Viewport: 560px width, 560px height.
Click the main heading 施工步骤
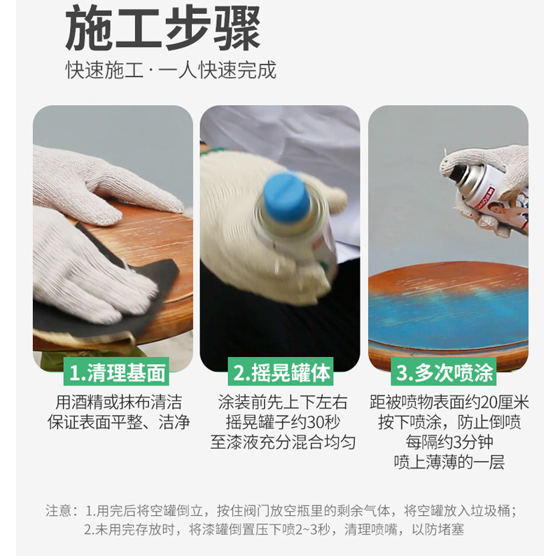163,29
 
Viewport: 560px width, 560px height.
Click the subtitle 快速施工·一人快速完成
171,69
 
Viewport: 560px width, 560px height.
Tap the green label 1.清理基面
116,373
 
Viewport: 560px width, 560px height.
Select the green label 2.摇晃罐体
281,372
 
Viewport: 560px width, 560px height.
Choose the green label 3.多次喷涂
444,372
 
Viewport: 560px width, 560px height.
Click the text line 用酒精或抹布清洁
118,402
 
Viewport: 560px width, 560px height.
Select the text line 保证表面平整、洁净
118,423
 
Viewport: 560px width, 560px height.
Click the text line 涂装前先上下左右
283,402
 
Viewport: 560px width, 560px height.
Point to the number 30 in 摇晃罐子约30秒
315,423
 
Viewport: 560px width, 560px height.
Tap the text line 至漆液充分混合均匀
283,442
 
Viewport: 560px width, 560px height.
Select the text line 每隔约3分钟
449,442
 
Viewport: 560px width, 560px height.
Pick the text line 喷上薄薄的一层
449,463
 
